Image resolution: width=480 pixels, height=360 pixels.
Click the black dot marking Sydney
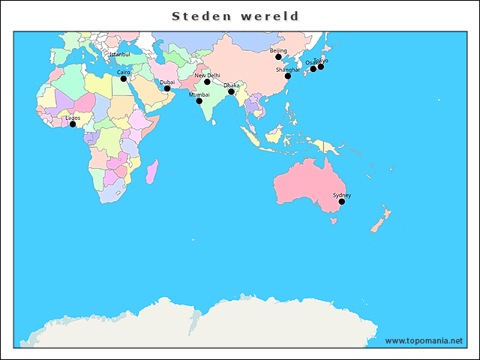(x=341, y=202)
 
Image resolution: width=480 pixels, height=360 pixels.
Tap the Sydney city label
(x=342, y=195)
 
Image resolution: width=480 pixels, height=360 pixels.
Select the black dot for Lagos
(x=73, y=124)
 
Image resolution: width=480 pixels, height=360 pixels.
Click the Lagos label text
(x=73, y=118)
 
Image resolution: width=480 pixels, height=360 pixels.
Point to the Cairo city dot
(x=124, y=79)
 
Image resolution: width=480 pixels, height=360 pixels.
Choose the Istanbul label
(x=119, y=55)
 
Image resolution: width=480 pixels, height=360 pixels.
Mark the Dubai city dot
(x=167, y=88)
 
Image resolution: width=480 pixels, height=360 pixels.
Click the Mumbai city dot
(x=199, y=101)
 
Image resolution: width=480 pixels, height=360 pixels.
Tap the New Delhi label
(x=208, y=76)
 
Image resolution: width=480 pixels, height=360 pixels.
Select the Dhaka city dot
(x=231, y=92)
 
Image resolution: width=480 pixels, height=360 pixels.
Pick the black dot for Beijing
(x=278, y=57)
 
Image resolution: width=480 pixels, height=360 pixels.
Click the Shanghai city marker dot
(x=287, y=76)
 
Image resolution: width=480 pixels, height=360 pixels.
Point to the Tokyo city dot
(x=321, y=67)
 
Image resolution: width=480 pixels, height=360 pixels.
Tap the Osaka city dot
(x=313, y=69)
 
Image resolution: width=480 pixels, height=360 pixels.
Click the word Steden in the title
(x=199, y=16)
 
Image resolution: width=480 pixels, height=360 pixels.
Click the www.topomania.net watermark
(x=424, y=340)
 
